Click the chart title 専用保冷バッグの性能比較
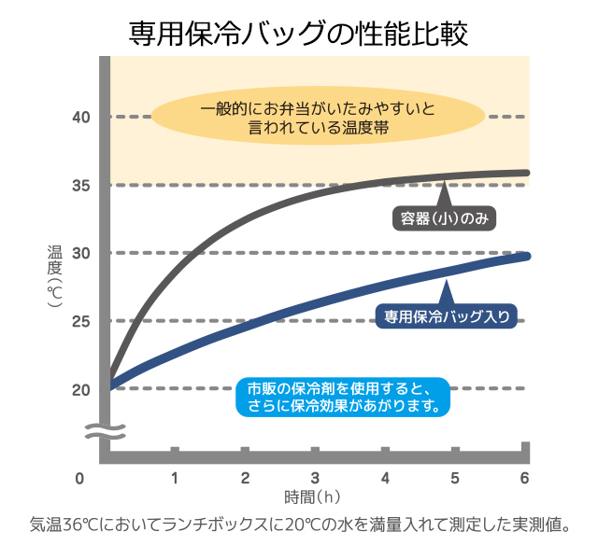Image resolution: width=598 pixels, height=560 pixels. tap(299, 32)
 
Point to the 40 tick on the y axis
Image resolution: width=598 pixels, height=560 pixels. tap(79, 117)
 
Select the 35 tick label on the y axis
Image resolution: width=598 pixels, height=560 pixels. tap(79, 185)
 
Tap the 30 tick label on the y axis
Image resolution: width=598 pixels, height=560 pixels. tap(79, 253)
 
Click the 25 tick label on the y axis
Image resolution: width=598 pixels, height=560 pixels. tap(79, 321)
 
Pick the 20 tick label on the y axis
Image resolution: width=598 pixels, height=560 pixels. tap(79, 389)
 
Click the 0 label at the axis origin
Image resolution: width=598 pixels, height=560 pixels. tap(80, 479)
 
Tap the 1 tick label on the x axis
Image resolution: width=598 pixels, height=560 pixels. tap(175, 479)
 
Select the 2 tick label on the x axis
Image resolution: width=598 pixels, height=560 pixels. tap(245, 479)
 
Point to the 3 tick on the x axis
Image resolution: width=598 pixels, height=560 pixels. tap(315, 479)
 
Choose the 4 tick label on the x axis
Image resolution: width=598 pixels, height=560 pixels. tap(385, 479)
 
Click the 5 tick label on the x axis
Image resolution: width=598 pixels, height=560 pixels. tap(455, 479)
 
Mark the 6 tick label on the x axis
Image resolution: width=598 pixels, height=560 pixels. tap(525, 479)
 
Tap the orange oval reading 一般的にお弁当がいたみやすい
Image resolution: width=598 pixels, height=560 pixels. tap(318, 116)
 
